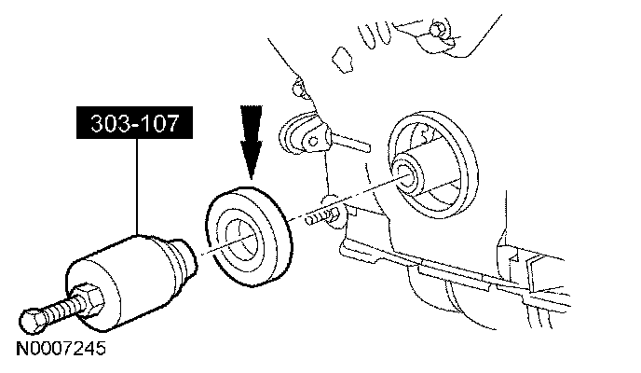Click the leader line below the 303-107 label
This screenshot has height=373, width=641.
(x=137, y=186)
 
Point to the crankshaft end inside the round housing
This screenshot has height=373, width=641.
(x=407, y=172)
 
